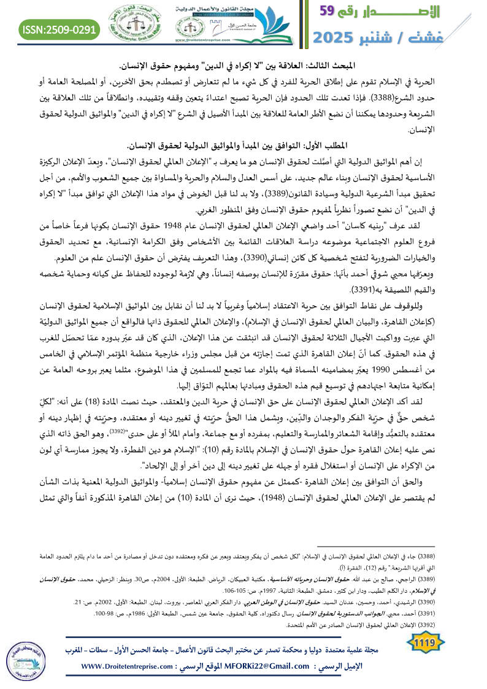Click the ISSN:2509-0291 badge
(x=60, y=29)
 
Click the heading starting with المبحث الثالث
(x=243, y=64)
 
